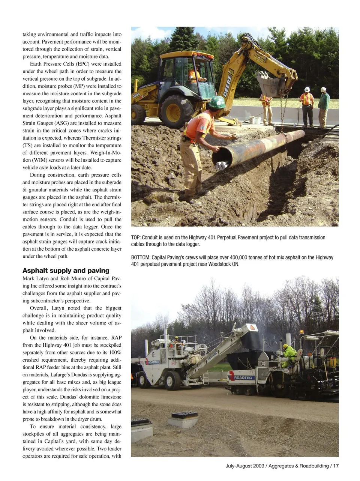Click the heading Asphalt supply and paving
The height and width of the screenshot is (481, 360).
[x=66, y=271]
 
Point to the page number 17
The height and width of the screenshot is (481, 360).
[x=336, y=466]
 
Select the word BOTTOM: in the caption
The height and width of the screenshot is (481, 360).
[x=141, y=257]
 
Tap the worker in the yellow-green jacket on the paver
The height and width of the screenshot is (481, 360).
[x=289, y=355]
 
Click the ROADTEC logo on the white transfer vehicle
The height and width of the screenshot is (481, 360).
[x=154, y=362]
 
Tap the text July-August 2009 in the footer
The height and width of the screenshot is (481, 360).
[x=244, y=466]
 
